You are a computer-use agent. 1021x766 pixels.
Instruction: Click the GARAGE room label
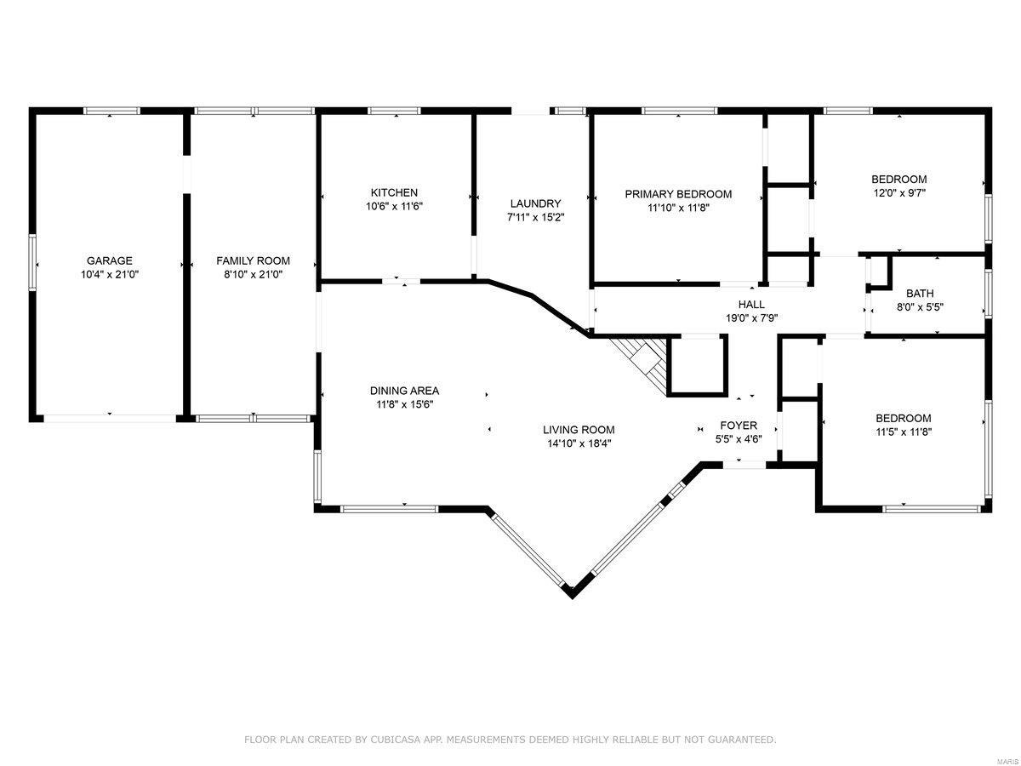coord(109,260)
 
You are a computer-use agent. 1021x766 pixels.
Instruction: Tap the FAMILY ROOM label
coord(253,260)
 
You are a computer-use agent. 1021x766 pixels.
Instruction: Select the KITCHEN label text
coord(394,192)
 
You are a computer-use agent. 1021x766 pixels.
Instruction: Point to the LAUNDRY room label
coord(535,203)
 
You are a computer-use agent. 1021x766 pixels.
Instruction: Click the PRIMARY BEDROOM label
coord(678,194)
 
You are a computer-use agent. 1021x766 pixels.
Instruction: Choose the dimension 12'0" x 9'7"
coord(898,193)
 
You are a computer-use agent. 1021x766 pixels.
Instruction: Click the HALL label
coord(751,304)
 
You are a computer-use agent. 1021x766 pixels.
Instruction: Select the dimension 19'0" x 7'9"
coord(751,317)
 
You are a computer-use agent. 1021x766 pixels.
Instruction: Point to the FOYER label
coord(739,426)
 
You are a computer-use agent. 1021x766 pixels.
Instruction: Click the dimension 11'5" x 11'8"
coord(904,432)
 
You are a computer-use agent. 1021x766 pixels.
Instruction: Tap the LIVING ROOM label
coord(579,430)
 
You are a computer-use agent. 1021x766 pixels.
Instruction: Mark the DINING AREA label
coord(404,391)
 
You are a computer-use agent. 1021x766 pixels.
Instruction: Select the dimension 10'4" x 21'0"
coord(109,274)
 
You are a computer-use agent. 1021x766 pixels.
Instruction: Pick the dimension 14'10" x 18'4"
coord(579,443)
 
